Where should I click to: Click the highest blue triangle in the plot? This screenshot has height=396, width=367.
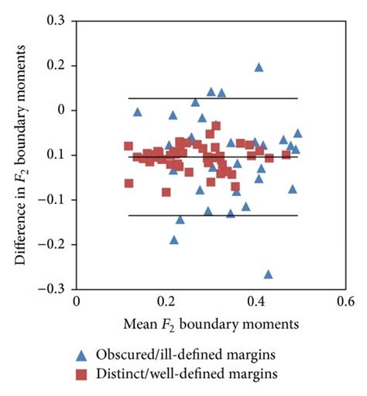tap(259, 67)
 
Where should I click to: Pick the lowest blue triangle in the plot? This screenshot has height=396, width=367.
tap(268, 274)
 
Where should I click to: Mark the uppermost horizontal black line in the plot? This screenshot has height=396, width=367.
tap(213, 98)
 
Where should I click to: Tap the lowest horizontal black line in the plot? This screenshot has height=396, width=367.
tap(213, 215)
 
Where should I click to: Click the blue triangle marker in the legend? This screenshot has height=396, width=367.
tap(84, 355)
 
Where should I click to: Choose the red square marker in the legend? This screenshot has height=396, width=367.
tap(84, 374)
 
